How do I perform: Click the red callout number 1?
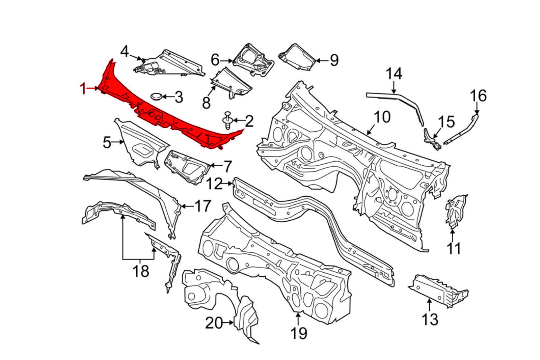(x=83, y=89)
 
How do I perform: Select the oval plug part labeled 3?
(x=156, y=96)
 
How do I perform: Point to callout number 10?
(x=382, y=117)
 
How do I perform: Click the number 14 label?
(x=394, y=74)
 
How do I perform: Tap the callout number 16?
(x=478, y=96)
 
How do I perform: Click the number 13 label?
(x=430, y=319)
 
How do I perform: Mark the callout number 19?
(x=299, y=333)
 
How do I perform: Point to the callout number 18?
(x=140, y=271)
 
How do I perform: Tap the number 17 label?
(x=202, y=206)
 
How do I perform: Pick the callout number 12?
(x=214, y=184)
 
